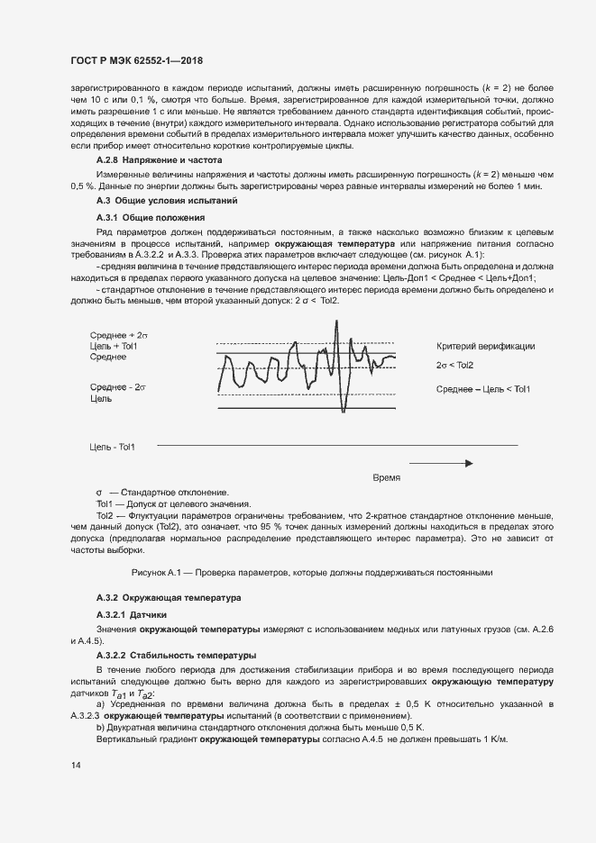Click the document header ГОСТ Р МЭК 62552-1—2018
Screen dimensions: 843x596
(x=135, y=60)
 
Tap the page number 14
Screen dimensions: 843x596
(x=76, y=765)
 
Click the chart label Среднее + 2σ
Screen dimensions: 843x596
(x=119, y=334)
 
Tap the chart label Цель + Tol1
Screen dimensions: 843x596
(x=115, y=346)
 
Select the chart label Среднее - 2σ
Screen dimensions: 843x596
(x=118, y=386)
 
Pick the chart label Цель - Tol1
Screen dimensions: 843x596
(x=113, y=447)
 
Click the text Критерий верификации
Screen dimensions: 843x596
(x=485, y=346)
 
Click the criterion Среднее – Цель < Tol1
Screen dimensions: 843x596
(x=483, y=388)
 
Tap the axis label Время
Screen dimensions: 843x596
(x=386, y=476)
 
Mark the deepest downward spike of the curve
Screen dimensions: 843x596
(x=343, y=411)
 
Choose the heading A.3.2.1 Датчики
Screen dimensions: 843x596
(x=132, y=614)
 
